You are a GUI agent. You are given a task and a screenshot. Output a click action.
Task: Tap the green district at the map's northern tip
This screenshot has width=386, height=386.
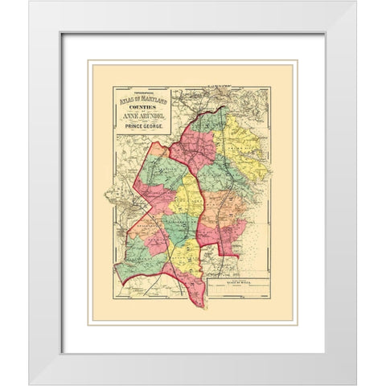[x=212, y=121]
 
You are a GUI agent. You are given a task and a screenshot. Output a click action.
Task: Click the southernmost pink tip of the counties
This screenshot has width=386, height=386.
[x=197, y=302]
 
